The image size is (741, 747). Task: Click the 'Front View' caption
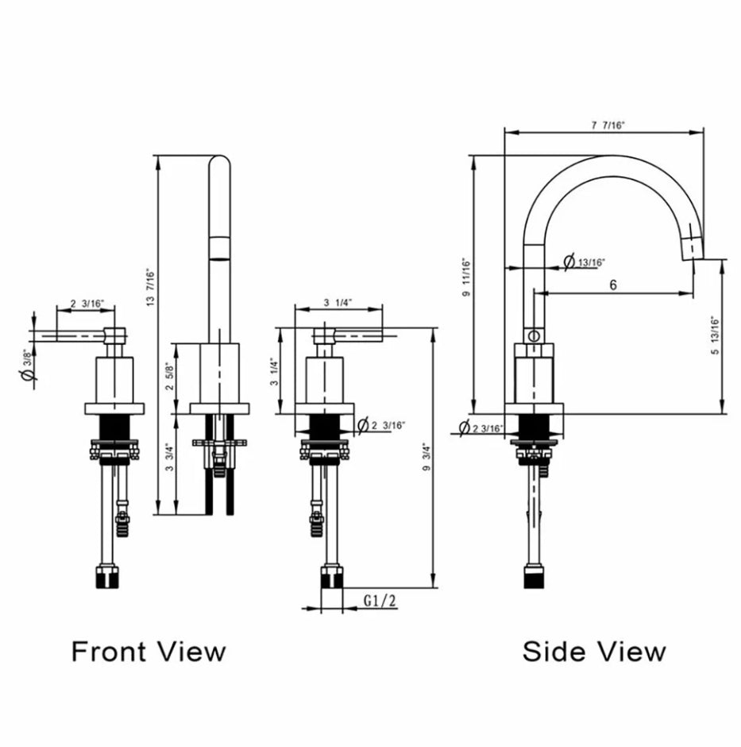coord(149,652)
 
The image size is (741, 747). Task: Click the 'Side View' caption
coord(593,652)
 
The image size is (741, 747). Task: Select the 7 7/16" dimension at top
coord(608,126)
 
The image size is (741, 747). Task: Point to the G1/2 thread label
coord(380,600)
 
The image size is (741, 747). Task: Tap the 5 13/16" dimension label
coord(714,337)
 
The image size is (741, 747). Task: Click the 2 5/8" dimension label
coord(168,377)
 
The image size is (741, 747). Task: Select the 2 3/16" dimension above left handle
coord(84,303)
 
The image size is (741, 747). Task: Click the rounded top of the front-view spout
coord(218,163)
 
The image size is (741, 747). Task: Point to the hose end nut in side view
coord(533,577)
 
